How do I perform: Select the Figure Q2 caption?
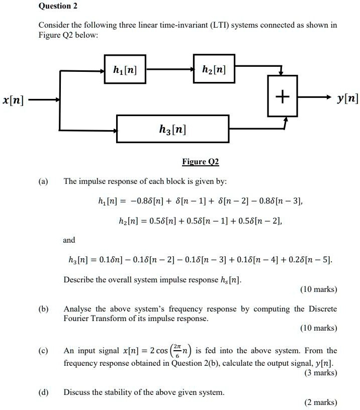pos(200,162)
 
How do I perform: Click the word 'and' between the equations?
pos(69,240)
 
